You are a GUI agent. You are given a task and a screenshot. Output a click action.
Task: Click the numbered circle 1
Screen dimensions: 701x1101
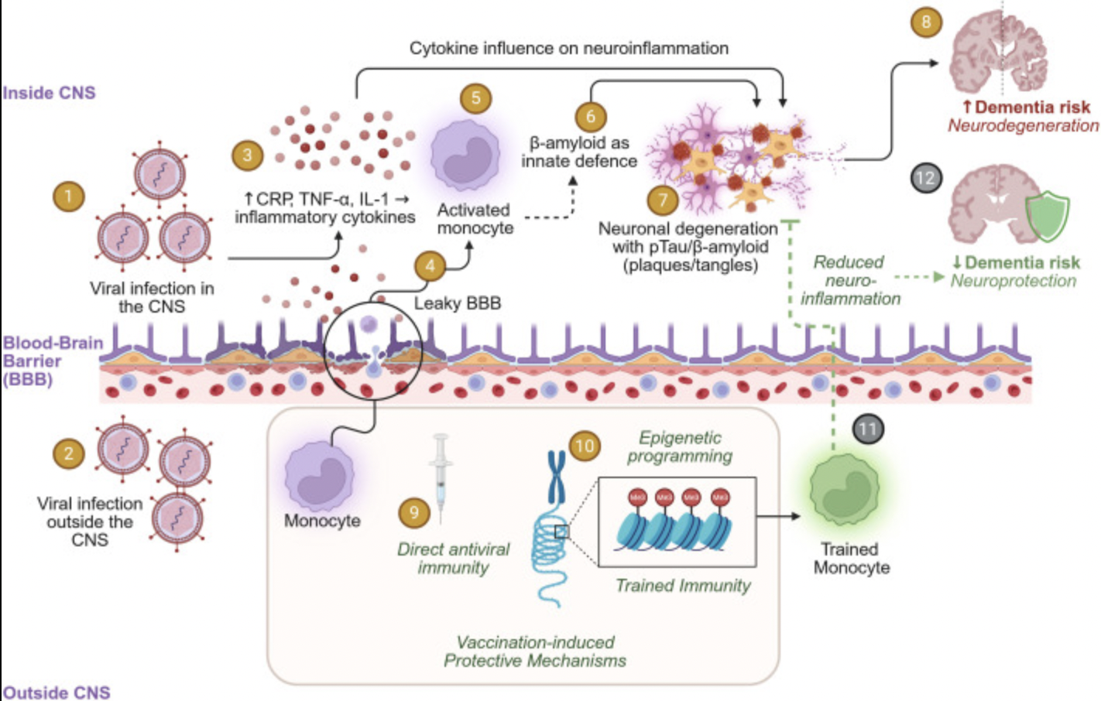click(68, 196)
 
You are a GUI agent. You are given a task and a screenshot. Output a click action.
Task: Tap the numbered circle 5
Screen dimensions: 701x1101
click(475, 98)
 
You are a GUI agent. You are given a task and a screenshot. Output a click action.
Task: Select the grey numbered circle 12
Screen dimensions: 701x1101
click(925, 178)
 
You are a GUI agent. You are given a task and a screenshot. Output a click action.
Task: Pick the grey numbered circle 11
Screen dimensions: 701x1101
click(867, 429)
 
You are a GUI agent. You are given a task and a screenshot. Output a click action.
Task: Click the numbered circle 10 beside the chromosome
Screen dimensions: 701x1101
click(584, 446)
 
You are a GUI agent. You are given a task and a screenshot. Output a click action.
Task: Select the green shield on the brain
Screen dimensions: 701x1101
click(1047, 216)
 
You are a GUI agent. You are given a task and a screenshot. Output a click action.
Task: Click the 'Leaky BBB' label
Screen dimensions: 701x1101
click(457, 303)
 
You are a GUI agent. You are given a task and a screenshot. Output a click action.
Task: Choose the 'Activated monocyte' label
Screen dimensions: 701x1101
click(475, 219)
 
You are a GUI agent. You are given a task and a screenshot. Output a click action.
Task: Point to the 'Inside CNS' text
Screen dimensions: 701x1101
click(49, 93)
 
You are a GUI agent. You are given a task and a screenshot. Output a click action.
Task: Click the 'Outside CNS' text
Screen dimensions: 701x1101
click(57, 692)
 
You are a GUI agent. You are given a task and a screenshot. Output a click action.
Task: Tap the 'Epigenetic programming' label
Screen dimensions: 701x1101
click(680, 447)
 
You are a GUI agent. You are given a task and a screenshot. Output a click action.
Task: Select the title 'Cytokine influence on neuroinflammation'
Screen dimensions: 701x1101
click(568, 48)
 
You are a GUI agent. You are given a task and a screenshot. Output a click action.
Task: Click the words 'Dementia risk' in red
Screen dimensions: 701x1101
click(1031, 108)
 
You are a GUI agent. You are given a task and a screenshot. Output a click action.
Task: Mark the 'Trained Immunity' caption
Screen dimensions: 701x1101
click(683, 586)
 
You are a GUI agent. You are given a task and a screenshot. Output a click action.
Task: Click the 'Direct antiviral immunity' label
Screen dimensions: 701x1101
click(453, 558)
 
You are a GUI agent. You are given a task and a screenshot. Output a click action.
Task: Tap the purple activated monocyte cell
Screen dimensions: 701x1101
click(465, 154)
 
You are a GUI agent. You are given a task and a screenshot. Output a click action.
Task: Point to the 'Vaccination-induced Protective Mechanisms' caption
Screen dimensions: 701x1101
click(534, 651)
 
